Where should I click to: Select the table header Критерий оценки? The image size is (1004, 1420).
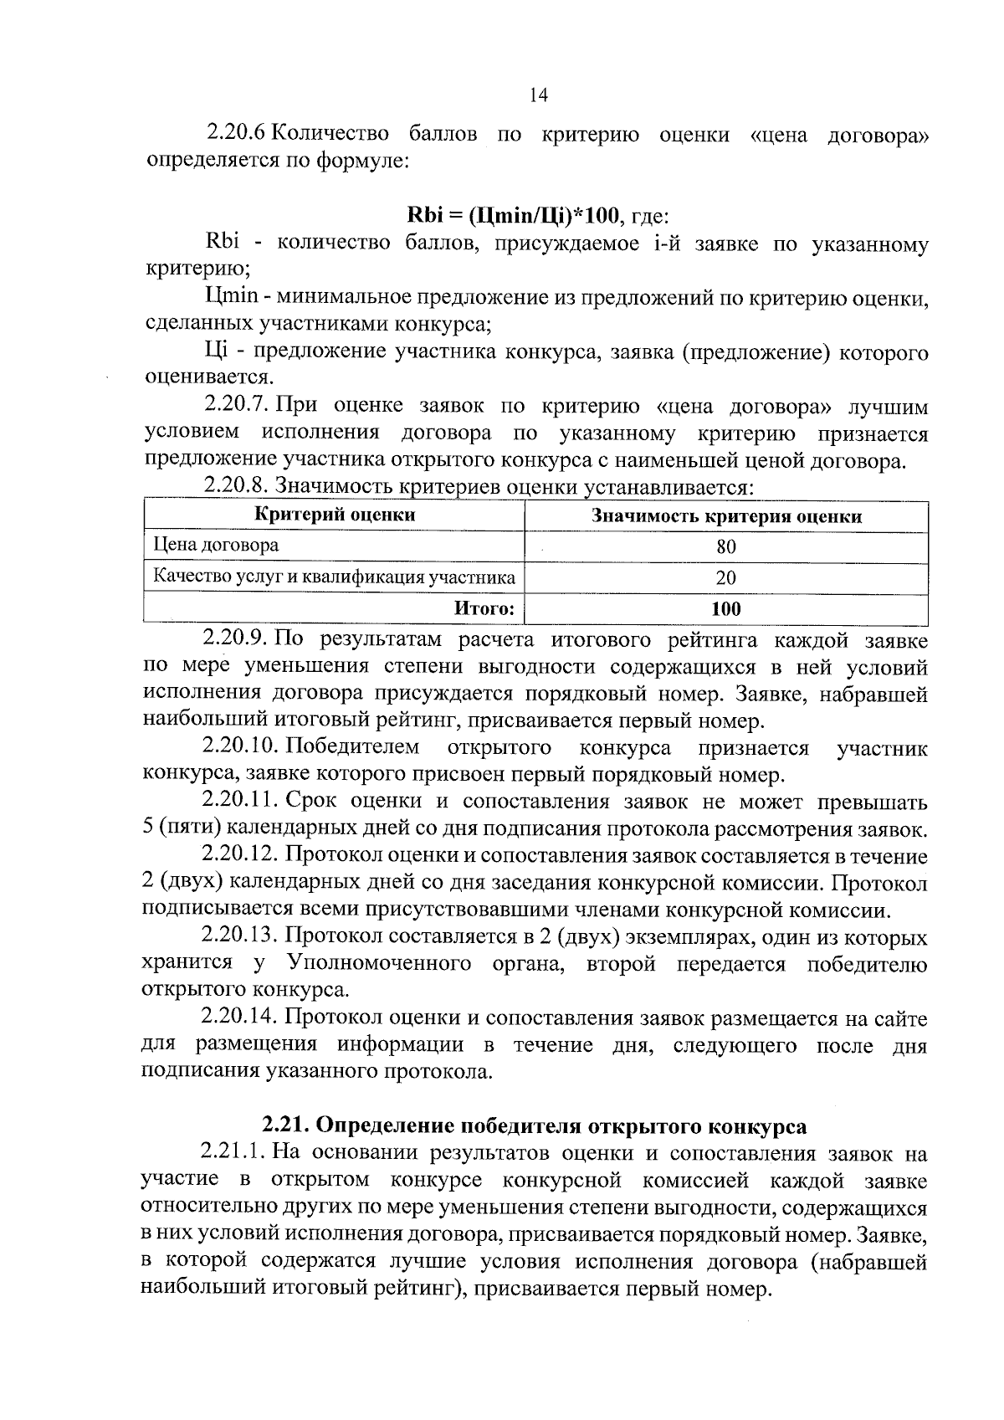[x=334, y=515]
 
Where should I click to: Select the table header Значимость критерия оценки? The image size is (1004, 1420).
[x=726, y=516]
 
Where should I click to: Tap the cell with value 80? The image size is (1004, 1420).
[x=726, y=547]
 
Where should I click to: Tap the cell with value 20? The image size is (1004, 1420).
[x=726, y=578]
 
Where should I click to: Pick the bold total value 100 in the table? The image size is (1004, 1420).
[x=726, y=608]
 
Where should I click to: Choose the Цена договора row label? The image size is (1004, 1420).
[x=216, y=546]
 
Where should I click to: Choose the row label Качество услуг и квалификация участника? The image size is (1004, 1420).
[x=333, y=577]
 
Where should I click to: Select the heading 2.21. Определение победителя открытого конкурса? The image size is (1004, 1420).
[x=535, y=1125]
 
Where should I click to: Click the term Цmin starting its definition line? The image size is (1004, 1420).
[x=229, y=297]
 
